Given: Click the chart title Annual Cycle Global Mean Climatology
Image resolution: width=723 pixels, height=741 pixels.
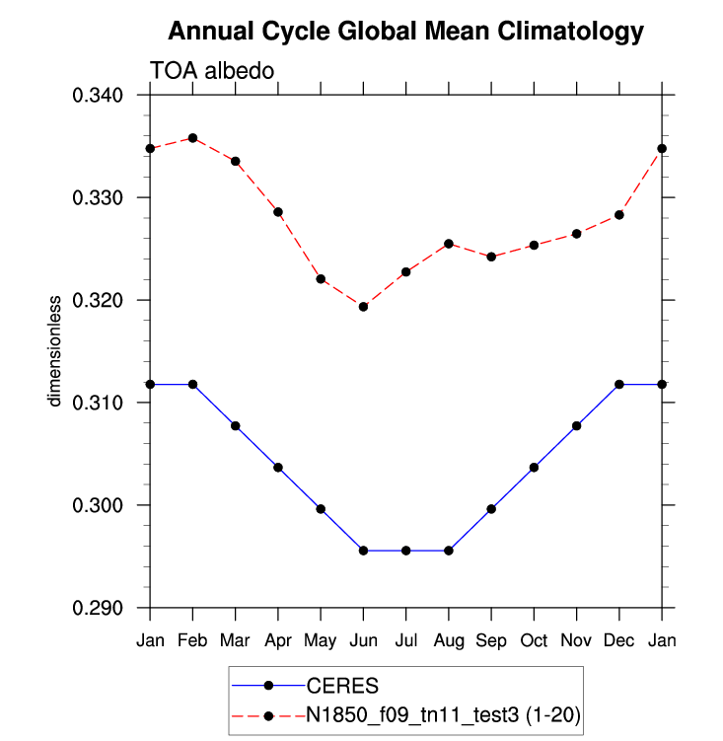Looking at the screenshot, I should pos(405,32).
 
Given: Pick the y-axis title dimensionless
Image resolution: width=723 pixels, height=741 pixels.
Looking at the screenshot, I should pos(55,349).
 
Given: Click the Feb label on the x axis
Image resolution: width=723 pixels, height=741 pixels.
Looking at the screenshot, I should pos(192,640).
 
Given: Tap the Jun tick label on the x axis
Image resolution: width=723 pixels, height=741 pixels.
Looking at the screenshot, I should pos(363,640).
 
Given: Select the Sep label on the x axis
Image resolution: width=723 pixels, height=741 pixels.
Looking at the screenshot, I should pos(491,640).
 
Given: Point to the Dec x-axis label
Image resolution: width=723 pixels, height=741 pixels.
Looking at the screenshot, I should pos(619,640).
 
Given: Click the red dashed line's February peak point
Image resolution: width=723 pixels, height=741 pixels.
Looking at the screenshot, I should pos(192,138).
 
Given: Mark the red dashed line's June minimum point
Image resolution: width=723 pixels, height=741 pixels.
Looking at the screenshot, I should pos(363,307).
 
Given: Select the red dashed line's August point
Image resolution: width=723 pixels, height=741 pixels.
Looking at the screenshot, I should pos(449,244).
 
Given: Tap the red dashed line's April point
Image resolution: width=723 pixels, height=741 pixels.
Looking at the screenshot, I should pos(278,212).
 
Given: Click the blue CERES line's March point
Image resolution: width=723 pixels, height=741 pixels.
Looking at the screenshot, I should pos(236,426).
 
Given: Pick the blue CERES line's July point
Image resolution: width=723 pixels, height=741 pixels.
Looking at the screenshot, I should pos(406,551).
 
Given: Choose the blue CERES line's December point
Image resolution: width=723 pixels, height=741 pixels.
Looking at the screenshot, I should pos(619,384).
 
